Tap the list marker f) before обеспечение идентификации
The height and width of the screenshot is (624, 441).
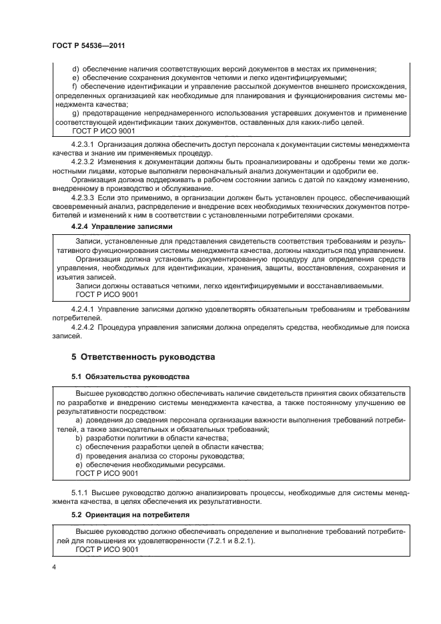pyautogui.click(x=73, y=87)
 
